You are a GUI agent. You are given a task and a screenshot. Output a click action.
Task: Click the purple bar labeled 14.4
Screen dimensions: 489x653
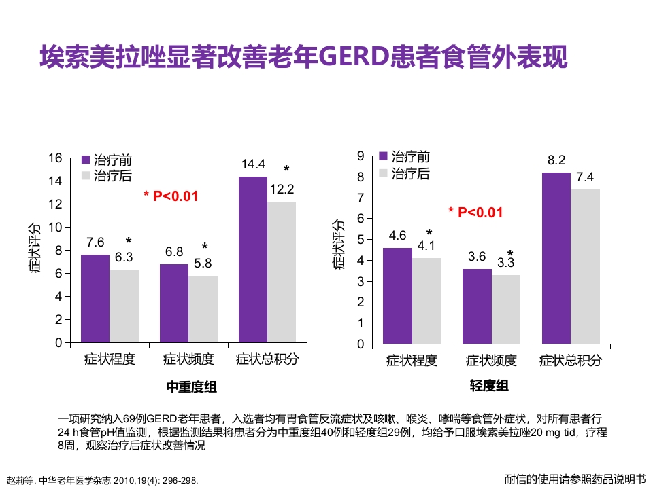pos(252,259)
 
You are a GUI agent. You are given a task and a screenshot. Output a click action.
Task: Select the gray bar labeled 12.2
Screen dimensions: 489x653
pos(282,272)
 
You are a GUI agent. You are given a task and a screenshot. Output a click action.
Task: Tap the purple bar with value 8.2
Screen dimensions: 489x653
pos(556,258)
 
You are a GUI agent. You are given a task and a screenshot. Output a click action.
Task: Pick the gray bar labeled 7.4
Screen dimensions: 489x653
pos(585,266)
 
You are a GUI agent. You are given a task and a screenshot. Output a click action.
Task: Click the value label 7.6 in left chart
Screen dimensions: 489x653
pos(95,242)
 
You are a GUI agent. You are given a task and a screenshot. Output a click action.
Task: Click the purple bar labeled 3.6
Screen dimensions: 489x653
pos(477,306)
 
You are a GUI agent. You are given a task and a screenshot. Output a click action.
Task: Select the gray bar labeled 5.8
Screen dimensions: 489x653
pos(203,309)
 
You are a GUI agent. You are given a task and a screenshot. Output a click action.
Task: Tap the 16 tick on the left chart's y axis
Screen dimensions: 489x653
pos(55,158)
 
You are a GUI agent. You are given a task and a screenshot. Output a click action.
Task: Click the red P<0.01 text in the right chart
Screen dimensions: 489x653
pos(475,213)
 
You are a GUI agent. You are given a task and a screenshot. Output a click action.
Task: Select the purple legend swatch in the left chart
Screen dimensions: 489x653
pos(86,160)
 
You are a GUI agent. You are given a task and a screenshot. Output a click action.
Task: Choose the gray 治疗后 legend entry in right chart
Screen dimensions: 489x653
pos(404,175)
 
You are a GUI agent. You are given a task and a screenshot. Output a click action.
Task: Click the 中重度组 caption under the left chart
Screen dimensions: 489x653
pos(192,387)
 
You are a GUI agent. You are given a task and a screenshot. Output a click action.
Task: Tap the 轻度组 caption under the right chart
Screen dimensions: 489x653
pos(489,386)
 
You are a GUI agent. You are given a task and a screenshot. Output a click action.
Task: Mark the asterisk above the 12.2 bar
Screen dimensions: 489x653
pos(286,170)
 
